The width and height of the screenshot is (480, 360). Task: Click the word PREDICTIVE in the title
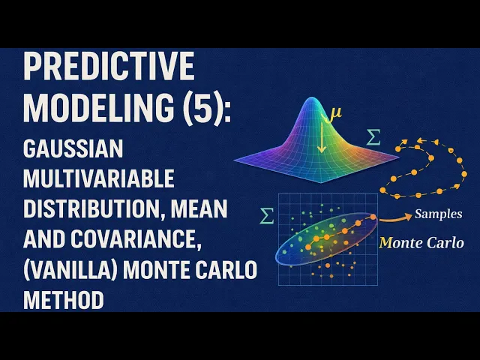[x=109, y=66]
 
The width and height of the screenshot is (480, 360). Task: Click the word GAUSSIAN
[x=73, y=148]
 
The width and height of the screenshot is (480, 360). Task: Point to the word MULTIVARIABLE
[x=99, y=178]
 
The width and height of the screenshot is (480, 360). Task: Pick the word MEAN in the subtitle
[x=199, y=208]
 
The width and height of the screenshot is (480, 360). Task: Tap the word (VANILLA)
[x=70, y=269]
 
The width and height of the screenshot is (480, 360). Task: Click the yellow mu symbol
[x=335, y=112]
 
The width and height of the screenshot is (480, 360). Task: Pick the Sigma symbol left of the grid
[x=266, y=216]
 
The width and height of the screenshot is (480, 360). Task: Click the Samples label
[x=438, y=214]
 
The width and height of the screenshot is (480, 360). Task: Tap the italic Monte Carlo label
[x=421, y=243]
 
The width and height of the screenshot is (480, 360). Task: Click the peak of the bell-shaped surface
[x=312, y=98]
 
